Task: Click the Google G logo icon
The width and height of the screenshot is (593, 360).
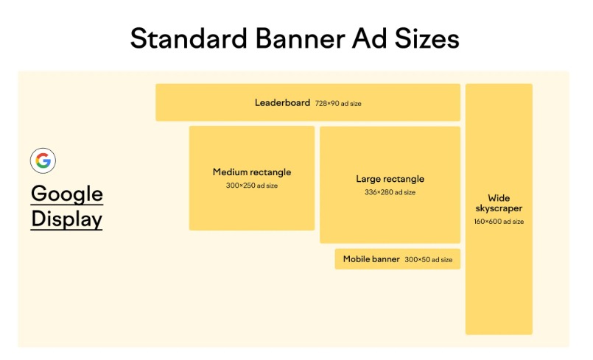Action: (43, 160)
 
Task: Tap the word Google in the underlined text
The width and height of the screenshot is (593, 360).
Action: (67, 194)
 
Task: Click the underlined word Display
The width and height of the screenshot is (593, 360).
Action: (66, 219)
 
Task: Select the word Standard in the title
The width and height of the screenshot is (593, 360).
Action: (189, 38)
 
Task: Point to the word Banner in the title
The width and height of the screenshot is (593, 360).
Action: (301, 38)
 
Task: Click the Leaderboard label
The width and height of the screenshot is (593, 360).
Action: (283, 103)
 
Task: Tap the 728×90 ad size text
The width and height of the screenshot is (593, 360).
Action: (338, 104)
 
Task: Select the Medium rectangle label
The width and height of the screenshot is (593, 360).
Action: (252, 172)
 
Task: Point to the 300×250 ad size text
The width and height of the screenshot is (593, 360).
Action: (252, 186)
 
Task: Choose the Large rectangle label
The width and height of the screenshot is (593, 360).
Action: (390, 179)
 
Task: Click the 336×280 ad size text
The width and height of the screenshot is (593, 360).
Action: (390, 192)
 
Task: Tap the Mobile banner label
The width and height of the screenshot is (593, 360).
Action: (371, 259)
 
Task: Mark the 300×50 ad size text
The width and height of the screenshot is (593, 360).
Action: (429, 260)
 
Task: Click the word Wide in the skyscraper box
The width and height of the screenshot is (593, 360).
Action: (499, 198)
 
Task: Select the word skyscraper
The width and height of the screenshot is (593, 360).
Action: (499, 209)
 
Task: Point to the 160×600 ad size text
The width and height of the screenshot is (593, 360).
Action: (499, 222)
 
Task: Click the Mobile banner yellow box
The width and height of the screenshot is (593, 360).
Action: (398, 259)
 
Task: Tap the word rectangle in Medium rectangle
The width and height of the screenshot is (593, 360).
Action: (268, 173)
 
